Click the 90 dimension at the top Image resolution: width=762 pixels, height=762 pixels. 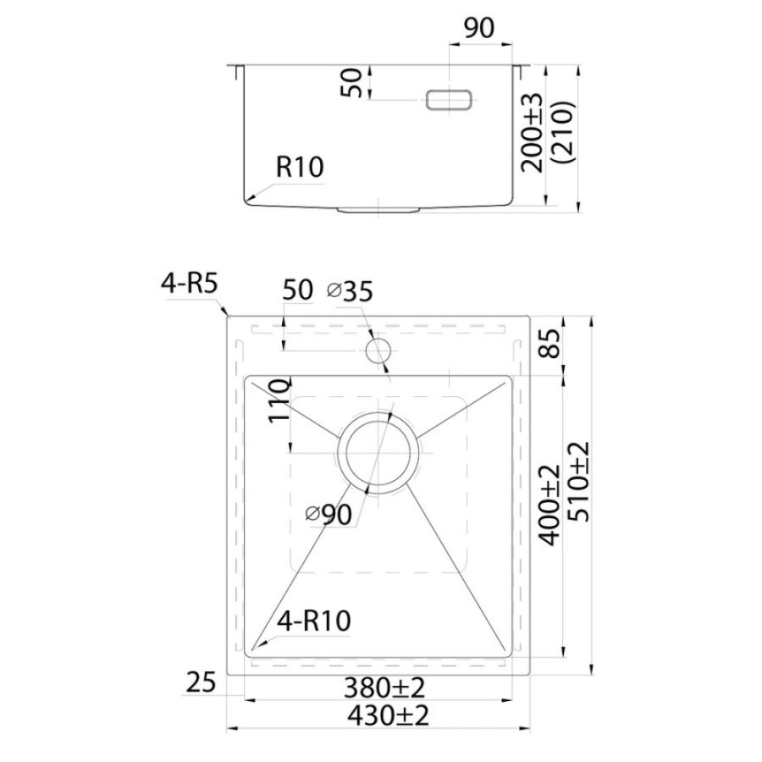(x=478, y=28)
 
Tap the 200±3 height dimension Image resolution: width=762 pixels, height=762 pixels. (x=532, y=133)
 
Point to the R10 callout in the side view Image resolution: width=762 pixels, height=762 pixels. (x=300, y=167)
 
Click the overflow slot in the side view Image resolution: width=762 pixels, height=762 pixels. (x=449, y=100)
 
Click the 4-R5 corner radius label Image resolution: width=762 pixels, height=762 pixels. (x=190, y=284)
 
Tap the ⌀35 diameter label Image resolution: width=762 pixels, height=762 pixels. (x=350, y=291)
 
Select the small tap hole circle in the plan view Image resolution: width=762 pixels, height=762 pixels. (x=378, y=351)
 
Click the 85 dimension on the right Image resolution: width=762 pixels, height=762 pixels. (x=551, y=344)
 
